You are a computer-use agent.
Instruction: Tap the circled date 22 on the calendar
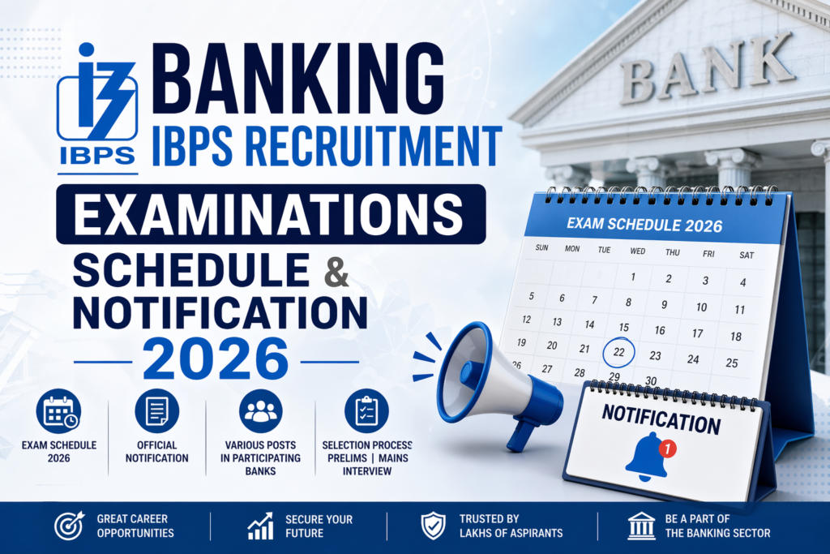(x=618, y=354)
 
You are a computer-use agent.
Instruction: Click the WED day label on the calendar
(x=638, y=251)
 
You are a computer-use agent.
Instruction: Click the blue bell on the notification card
(x=646, y=457)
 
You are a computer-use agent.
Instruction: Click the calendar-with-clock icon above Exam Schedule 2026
(x=58, y=411)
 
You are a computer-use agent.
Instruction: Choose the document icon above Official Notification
(x=156, y=411)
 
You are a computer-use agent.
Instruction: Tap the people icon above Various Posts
(x=261, y=411)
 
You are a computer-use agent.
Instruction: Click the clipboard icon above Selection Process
(x=366, y=411)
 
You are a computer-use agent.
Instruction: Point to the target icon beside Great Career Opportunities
(x=68, y=526)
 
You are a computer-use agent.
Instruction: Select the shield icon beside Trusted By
(x=433, y=526)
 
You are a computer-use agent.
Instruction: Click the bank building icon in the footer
(x=641, y=526)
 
